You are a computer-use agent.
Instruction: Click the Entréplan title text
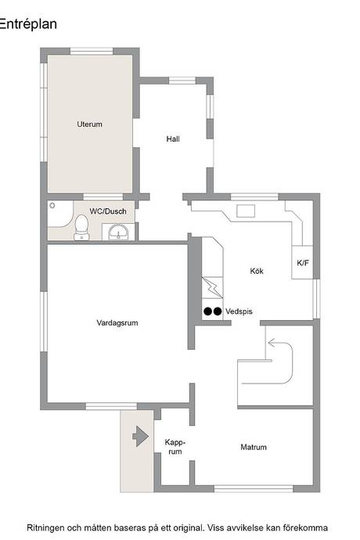(28, 24)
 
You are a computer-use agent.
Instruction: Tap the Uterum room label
(89, 124)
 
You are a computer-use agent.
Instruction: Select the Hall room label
(173, 139)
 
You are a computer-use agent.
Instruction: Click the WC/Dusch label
(108, 211)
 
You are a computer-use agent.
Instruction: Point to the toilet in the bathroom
(81, 227)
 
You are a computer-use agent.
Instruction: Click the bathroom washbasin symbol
(118, 232)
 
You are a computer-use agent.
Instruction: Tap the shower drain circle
(52, 206)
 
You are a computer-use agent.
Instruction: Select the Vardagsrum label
(117, 322)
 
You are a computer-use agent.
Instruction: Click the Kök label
(257, 271)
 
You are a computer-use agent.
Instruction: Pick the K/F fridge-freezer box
(302, 262)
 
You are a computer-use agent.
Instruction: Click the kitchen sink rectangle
(246, 211)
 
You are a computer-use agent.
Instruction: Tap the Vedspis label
(239, 311)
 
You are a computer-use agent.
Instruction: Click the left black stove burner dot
(207, 311)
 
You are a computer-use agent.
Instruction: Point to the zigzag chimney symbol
(213, 287)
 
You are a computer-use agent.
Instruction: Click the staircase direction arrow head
(272, 343)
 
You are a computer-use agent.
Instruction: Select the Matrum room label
(254, 447)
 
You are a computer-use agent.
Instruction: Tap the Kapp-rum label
(175, 447)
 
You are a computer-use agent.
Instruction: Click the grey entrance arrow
(141, 437)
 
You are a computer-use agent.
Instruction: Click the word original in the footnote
(189, 527)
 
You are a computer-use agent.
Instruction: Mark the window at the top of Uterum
(92, 52)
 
